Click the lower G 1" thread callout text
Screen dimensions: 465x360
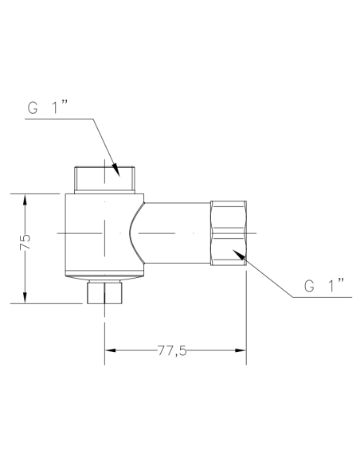click(323, 284)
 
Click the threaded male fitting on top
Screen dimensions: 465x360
click(104, 178)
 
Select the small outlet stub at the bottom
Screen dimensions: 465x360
click(104, 292)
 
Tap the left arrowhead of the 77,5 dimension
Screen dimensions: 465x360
click(111, 350)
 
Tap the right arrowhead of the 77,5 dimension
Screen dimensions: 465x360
click(239, 350)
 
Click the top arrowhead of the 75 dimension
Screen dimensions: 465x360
click(25, 197)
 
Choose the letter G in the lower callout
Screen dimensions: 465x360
click(309, 284)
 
